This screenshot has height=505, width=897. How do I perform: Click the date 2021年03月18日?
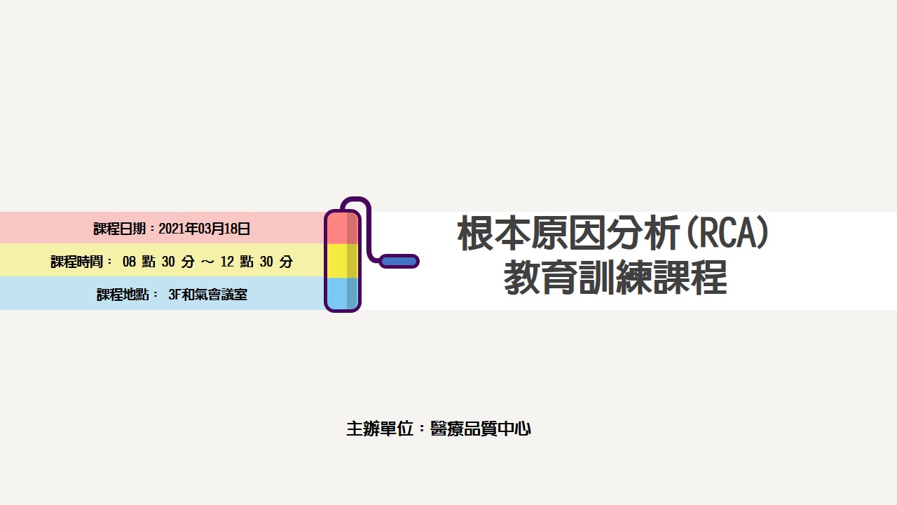tap(204, 229)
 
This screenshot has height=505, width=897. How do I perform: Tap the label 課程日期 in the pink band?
tap(119, 229)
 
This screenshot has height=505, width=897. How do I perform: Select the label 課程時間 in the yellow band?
tap(77, 262)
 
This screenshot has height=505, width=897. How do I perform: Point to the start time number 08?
tap(129, 262)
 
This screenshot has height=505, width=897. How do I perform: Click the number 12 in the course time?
tap(227, 262)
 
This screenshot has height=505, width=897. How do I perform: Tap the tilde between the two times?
tap(207, 262)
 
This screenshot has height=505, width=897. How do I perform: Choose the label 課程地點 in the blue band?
tap(123, 295)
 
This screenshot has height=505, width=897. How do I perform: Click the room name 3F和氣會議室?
tap(208, 295)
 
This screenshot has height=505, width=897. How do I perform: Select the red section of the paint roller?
tap(343, 229)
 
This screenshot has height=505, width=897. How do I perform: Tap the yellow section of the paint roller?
tap(343, 261)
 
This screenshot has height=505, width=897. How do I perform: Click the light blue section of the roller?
tap(343, 293)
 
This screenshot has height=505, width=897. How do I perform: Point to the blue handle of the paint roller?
tap(399, 262)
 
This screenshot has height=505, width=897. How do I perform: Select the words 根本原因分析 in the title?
tap(568, 233)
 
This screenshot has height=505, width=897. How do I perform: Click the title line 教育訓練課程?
tap(615, 277)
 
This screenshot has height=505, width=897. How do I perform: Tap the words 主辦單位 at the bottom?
tap(380, 429)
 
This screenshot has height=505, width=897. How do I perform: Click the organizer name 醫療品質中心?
tap(481, 429)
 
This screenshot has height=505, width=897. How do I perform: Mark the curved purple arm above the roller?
tap(362, 224)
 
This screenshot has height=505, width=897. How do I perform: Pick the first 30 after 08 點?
tap(168, 262)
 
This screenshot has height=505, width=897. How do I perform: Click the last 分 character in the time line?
tap(286, 262)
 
